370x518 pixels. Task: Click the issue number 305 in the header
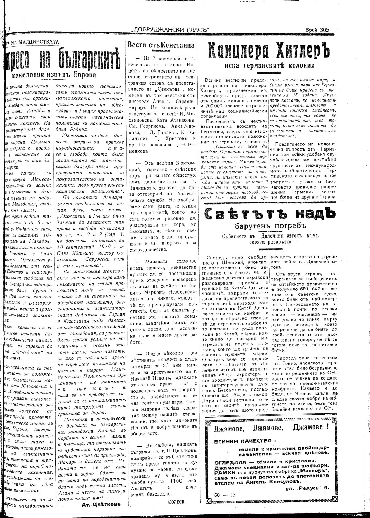[324, 30]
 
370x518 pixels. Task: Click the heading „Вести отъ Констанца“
[161, 45]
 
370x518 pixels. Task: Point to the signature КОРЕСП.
[177, 502]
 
